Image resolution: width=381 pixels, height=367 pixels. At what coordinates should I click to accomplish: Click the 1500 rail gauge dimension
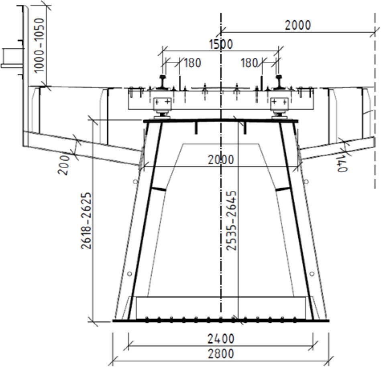[x=221, y=44]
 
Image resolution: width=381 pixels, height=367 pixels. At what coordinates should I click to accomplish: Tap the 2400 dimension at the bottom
[x=221, y=339]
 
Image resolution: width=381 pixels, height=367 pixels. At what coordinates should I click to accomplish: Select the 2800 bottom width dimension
[x=221, y=353]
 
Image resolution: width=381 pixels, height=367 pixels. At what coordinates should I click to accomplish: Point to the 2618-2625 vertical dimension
[x=86, y=221]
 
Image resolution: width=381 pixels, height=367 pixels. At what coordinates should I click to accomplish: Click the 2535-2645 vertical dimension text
[x=231, y=220]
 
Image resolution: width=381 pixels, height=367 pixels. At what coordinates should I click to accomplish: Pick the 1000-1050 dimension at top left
[x=39, y=45]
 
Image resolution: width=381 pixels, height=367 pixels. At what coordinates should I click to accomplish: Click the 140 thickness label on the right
[x=342, y=164]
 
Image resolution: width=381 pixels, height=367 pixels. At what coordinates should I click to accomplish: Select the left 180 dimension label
[x=192, y=63]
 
